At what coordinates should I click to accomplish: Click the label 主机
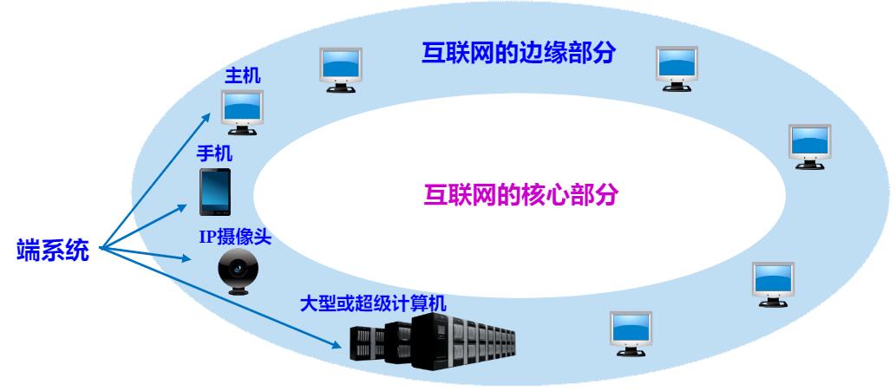243,76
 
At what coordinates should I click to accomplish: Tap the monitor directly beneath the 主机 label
242,109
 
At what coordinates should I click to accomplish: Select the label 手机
215,153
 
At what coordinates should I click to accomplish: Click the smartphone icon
215,192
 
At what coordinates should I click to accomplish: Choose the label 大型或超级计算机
373,303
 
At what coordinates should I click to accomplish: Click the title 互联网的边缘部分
519,53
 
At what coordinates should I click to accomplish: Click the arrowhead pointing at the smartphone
186,207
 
